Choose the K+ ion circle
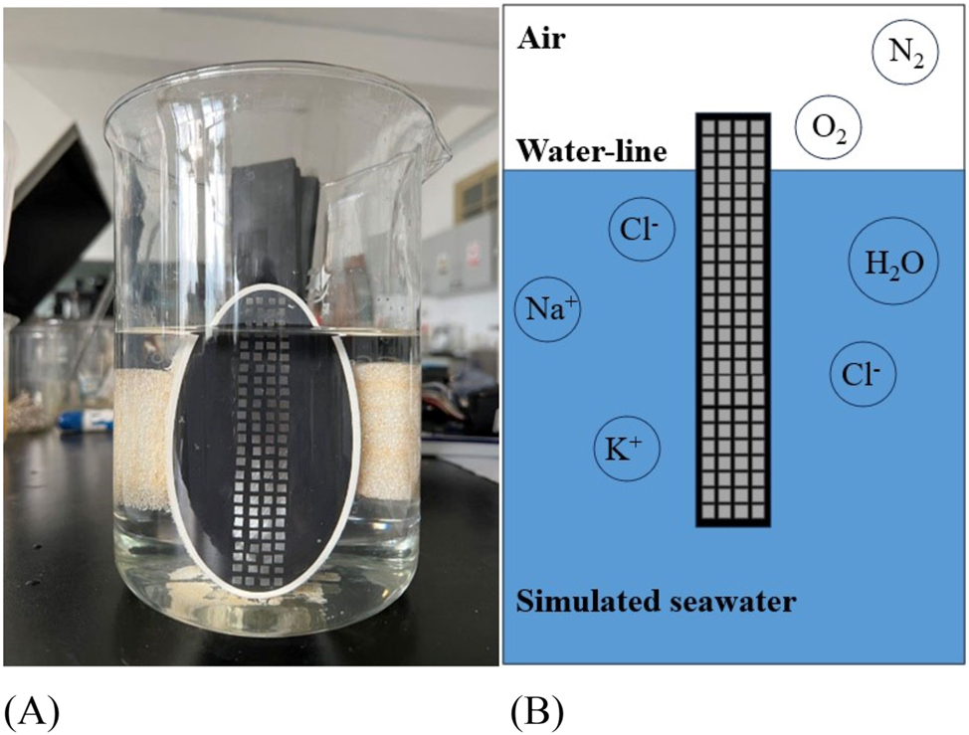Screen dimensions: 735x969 [625, 452]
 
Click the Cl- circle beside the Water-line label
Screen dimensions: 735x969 [642, 230]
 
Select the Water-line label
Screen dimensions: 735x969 [590, 152]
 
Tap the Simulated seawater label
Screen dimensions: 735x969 [657, 602]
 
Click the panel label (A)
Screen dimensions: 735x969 [32, 711]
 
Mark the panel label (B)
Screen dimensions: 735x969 [537, 711]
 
